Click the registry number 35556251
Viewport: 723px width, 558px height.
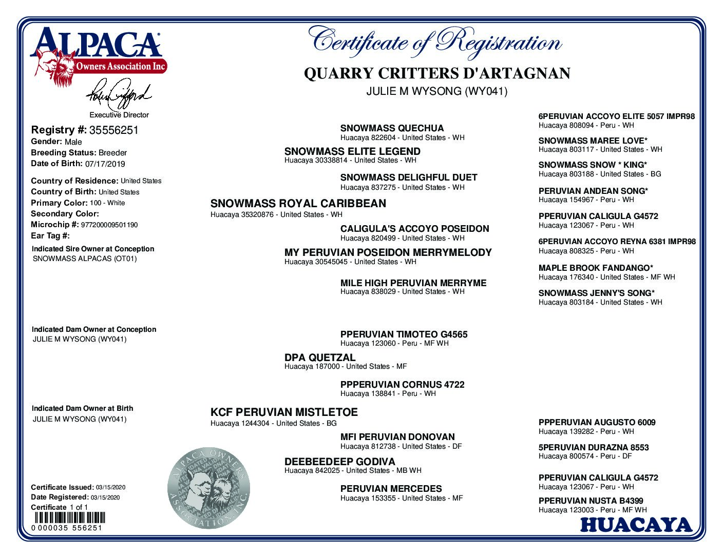[x=113, y=130]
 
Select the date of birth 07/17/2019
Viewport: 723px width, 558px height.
[x=105, y=164]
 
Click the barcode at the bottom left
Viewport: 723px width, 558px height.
[x=68, y=517]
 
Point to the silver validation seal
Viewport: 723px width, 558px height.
[x=208, y=488]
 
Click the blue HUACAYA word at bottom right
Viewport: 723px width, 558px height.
[x=636, y=525]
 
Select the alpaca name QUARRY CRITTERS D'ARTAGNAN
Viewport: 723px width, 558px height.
[x=437, y=73]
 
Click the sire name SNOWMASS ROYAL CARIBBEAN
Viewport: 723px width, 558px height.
[x=298, y=204]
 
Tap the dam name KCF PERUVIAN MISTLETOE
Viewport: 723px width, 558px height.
[x=284, y=412]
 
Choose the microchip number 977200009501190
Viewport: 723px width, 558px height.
[x=109, y=225]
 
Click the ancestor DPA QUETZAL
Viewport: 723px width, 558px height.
[x=319, y=357]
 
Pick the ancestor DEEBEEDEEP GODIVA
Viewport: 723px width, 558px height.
[x=339, y=462]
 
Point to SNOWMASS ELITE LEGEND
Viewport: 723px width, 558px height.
[x=352, y=152]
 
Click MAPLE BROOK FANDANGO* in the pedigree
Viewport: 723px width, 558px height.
[x=596, y=268]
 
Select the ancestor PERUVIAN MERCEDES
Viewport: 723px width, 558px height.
[x=391, y=489]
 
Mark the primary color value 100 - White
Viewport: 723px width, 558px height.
[x=107, y=203]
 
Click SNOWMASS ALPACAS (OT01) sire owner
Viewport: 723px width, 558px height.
[x=85, y=259]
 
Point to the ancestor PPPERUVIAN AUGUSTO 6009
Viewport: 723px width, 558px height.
[x=597, y=423]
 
